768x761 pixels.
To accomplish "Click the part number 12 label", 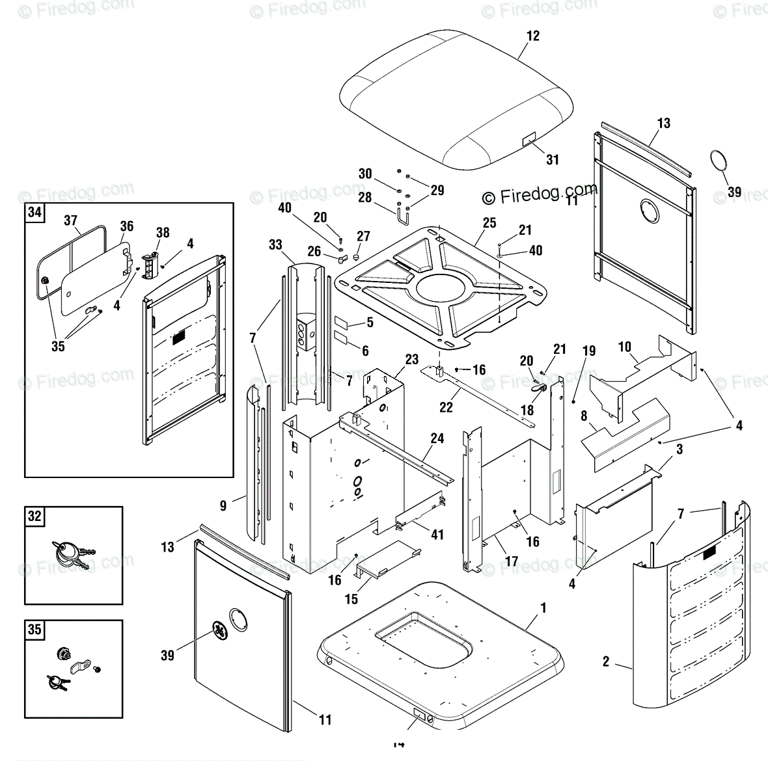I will [x=533, y=36].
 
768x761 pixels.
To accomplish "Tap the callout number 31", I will [x=552, y=159].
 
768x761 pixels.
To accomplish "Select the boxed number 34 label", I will [x=34, y=212].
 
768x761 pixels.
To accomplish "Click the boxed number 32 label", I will [x=34, y=516].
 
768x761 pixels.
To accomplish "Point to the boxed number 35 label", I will [x=34, y=630].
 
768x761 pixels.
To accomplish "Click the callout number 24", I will [x=437, y=438].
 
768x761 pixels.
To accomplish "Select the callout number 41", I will [x=437, y=534].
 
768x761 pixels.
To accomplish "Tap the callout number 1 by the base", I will [x=543, y=608].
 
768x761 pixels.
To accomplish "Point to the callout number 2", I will [x=606, y=661].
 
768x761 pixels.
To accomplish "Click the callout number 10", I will [x=625, y=347].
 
